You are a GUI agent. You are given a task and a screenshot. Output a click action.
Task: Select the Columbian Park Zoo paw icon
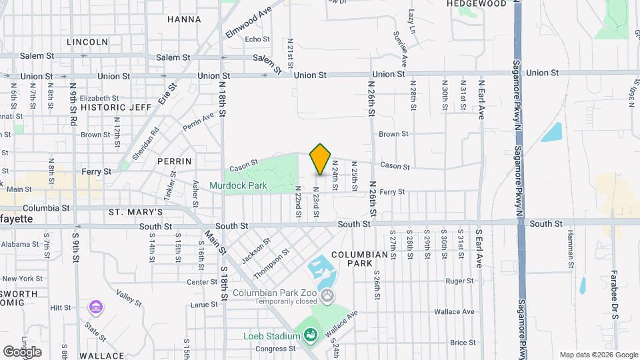(327, 295)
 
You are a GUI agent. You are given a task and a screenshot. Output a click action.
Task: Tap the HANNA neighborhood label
(184, 20)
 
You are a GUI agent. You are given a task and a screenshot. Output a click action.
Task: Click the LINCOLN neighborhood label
(87, 42)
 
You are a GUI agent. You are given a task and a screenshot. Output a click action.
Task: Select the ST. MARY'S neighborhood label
(136, 212)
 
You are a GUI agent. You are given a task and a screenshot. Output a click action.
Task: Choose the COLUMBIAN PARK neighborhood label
(359, 259)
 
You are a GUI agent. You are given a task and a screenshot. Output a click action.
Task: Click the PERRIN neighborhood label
(175, 161)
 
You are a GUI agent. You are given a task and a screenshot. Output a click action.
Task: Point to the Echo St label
(257, 39)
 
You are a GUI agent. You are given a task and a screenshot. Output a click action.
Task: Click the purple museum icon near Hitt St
(97, 307)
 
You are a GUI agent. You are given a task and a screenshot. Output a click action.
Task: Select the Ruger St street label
(459, 281)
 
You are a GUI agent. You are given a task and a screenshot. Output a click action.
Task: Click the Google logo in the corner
(22, 351)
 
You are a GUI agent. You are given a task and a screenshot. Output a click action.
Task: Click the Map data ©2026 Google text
(599, 355)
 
